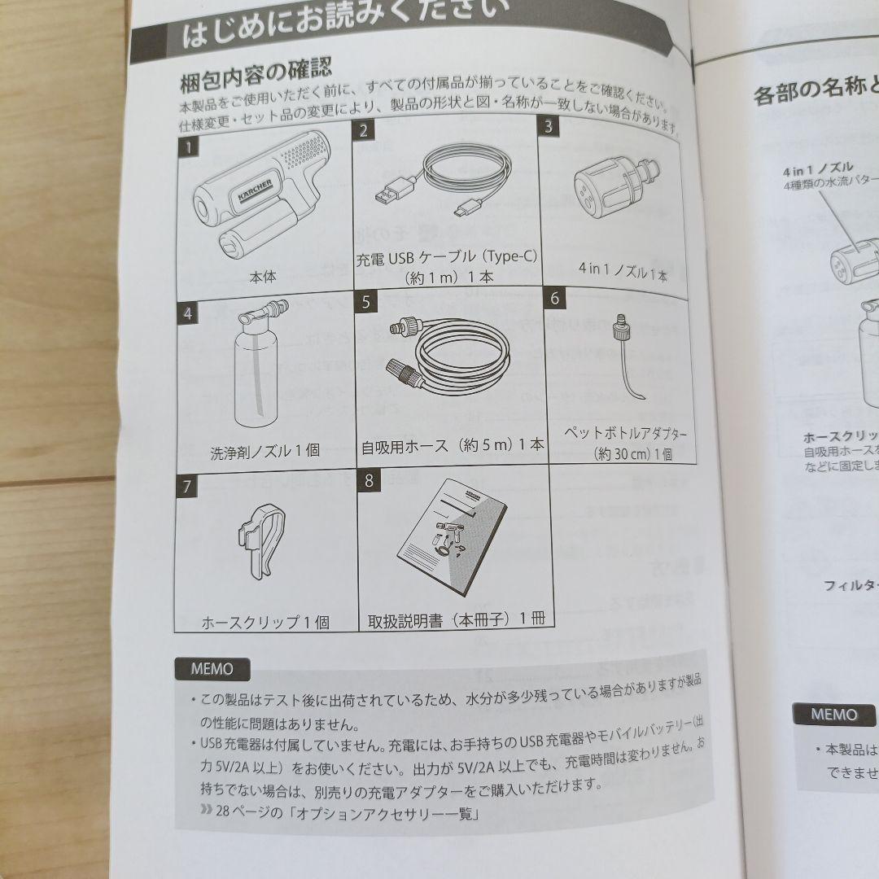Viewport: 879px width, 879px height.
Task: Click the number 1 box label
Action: (188, 147)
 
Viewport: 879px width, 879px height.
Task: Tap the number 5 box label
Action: (366, 301)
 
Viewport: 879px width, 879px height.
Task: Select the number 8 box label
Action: (369, 479)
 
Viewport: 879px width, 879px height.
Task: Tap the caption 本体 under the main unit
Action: (262, 276)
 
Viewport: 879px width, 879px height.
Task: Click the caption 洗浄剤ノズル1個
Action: (265, 449)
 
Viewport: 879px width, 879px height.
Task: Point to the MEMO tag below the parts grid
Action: (212, 669)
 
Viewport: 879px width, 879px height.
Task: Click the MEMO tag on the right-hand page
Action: (834, 715)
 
